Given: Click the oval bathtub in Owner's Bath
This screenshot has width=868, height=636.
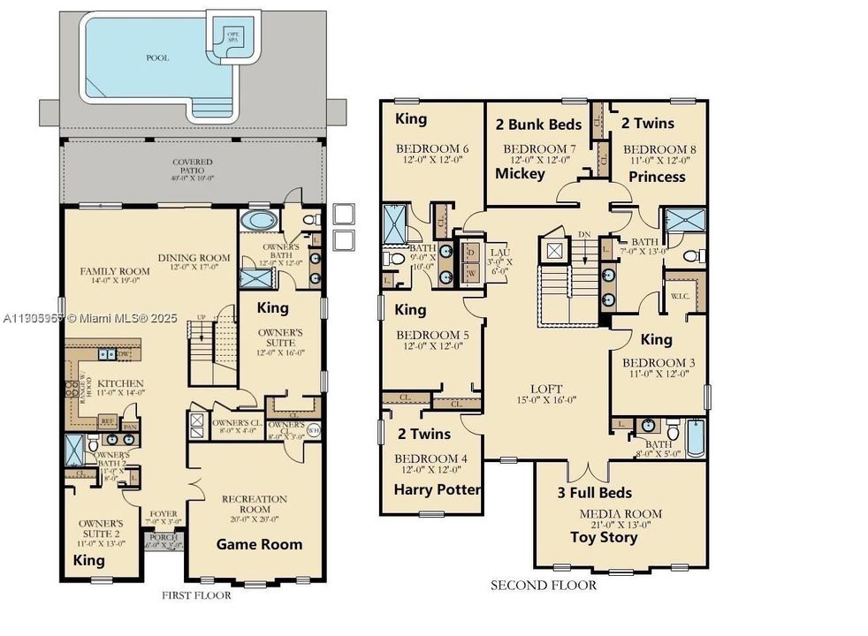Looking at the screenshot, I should (258, 220).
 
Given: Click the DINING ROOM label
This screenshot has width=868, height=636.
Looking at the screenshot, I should (194, 258).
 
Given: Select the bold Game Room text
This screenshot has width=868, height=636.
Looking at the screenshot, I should (259, 544).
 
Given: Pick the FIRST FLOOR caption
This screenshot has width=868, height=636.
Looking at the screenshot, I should (196, 595).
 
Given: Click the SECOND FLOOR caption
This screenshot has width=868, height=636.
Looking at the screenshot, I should (544, 585).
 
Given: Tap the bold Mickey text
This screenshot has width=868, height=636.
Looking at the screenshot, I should (520, 174).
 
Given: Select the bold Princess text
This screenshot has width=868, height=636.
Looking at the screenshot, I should (657, 177).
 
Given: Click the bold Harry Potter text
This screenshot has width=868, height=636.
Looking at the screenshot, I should (438, 489).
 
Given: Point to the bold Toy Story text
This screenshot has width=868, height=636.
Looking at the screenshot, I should (603, 537).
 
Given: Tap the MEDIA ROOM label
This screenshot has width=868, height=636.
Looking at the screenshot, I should (620, 513).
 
